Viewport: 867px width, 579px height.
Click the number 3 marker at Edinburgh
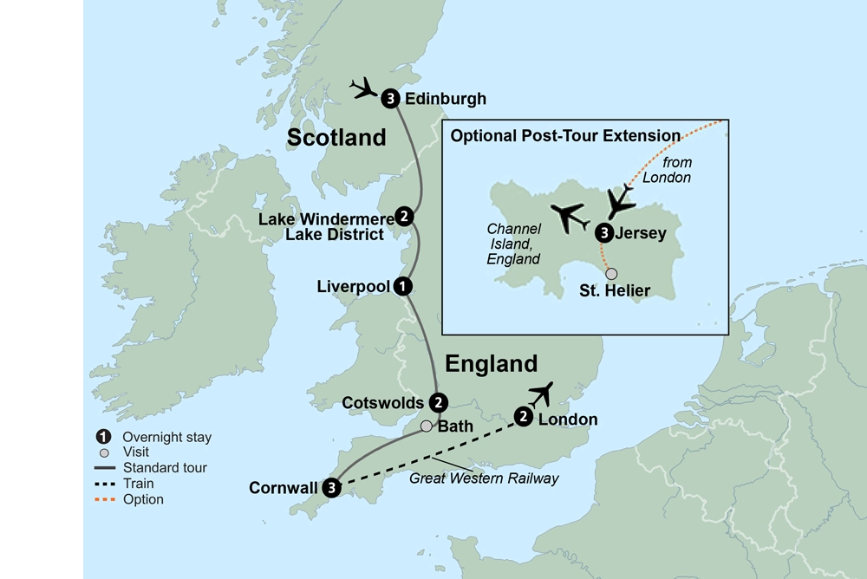pyautogui.click(x=391, y=98)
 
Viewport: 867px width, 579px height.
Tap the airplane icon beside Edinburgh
pyautogui.click(x=363, y=88)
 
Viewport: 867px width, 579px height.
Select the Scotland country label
pyautogui.click(x=336, y=137)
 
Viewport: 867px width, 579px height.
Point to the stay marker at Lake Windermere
pyautogui.click(x=403, y=216)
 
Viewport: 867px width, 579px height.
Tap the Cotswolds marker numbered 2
pyautogui.click(x=440, y=402)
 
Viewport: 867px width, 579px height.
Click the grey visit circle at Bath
pyautogui.click(x=426, y=426)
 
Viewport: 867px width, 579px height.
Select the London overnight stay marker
pyautogui.click(x=524, y=417)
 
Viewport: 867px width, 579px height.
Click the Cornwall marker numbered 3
pyautogui.click(x=331, y=488)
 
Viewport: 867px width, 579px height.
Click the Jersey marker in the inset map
pyautogui.click(x=604, y=232)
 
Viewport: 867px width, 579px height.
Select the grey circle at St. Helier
pyautogui.click(x=612, y=274)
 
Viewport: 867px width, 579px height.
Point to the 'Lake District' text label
pyautogui.click(x=332, y=234)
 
